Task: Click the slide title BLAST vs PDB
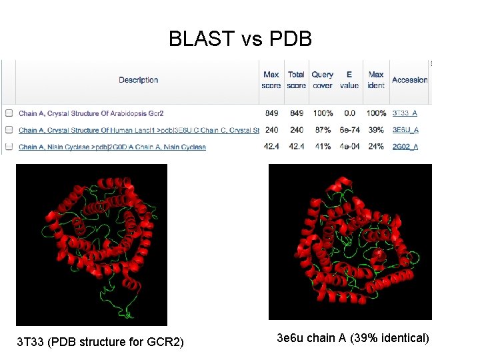click(x=240, y=39)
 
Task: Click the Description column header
click(x=138, y=80)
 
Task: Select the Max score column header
click(x=271, y=80)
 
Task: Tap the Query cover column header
click(x=322, y=80)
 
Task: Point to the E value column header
click(x=349, y=80)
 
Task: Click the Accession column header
click(x=409, y=80)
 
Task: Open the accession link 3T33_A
click(x=405, y=113)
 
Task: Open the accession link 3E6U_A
click(x=405, y=130)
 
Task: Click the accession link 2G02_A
click(x=405, y=147)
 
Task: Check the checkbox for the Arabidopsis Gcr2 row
click(x=9, y=113)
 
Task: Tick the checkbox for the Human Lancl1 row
click(x=9, y=130)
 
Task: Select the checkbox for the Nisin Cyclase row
click(x=9, y=147)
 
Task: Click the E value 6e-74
click(x=349, y=130)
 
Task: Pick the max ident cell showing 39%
click(x=376, y=130)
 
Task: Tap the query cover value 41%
click(x=322, y=147)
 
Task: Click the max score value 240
click(x=271, y=130)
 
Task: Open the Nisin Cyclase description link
click(x=112, y=147)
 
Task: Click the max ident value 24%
click(x=376, y=147)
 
